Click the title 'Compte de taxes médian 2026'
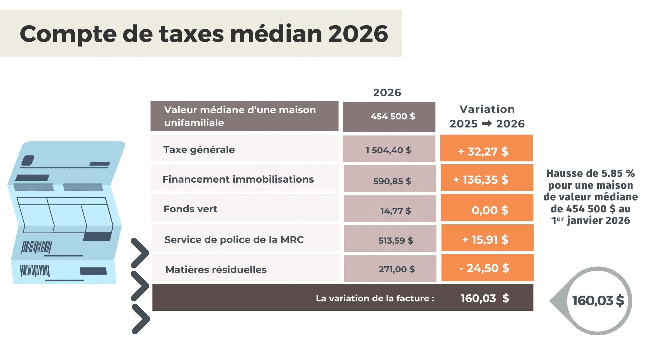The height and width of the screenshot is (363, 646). point(204,34)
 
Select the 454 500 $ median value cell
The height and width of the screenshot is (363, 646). point(392,116)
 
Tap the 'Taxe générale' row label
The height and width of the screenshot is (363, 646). point(199,150)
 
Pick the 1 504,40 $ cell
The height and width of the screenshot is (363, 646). point(388,150)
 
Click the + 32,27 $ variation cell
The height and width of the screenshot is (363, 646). point(483,151)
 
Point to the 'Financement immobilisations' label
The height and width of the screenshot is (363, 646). point(238,179)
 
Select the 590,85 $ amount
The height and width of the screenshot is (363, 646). point(392,181)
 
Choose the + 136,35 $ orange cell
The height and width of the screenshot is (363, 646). point(481,180)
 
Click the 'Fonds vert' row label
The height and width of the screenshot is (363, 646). point(190,209)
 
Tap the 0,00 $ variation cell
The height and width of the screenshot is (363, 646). point(490,210)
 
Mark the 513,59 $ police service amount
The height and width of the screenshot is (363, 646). point(395,240)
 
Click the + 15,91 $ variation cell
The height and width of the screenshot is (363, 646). point(485,240)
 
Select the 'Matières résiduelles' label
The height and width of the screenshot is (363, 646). point(216,270)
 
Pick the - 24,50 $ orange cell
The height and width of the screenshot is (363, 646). point(484,268)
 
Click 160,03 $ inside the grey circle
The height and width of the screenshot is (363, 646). point(598,301)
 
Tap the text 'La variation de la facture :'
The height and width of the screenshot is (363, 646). point(375,298)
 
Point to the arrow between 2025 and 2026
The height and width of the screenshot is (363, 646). point(487,124)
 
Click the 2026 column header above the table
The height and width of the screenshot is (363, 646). point(387,93)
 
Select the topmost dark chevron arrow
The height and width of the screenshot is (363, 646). point(140,253)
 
